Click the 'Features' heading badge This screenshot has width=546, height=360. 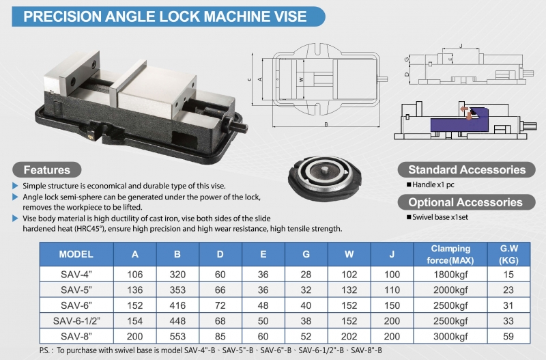point(47,169)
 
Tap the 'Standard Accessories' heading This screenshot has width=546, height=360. point(467,169)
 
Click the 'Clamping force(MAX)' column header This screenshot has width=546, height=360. point(450,254)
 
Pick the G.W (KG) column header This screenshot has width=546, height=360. point(508,254)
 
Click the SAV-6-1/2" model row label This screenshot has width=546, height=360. point(76,320)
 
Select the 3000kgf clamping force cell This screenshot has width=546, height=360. point(450,336)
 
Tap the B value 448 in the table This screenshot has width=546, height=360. point(177,320)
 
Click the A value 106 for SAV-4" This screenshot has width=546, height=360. point(134,275)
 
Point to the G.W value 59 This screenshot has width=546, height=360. point(508,336)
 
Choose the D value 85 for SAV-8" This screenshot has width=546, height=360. point(220,336)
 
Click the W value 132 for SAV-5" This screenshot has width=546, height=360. point(349,290)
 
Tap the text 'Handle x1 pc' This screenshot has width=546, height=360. point(433,184)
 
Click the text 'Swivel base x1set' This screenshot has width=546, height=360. point(440,217)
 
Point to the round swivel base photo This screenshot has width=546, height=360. point(325,178)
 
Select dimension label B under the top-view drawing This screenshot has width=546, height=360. point(326,124)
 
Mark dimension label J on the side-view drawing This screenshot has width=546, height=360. point(461,46)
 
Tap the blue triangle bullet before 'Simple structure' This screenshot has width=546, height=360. point(15,185)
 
